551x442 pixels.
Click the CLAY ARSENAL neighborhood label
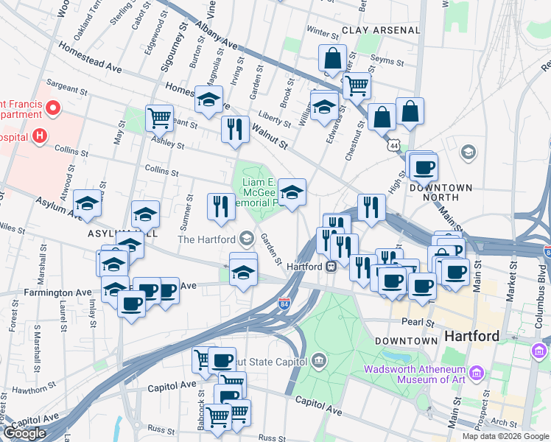[380, 30]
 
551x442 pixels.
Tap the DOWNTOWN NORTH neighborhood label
[441, 192]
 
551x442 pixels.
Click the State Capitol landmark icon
[318, 360]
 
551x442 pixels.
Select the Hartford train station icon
[331, 266]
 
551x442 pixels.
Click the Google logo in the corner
[24, 433]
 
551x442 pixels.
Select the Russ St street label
[159, 428]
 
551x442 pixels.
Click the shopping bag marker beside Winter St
[333, 57]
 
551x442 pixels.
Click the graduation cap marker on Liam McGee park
[292, 192]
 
